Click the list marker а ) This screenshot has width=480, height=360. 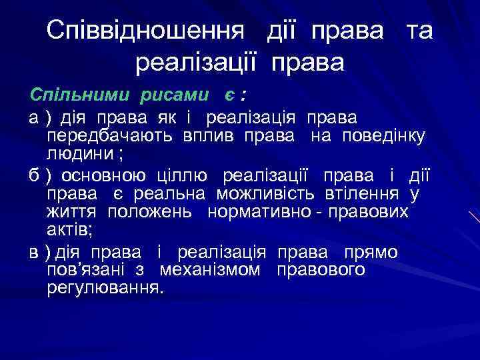click(39, 118)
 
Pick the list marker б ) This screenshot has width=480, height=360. click(40, 176)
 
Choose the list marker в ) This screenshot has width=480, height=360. click(40, 253)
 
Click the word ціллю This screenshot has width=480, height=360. click(181, 176)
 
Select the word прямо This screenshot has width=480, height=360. click(370, 253)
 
